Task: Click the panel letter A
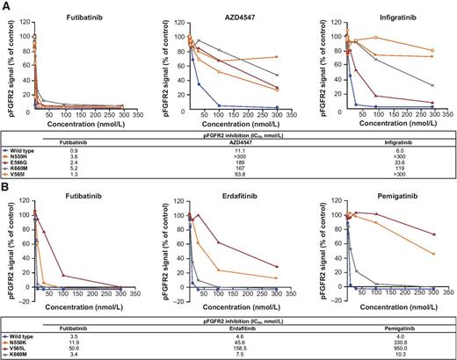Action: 5,5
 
